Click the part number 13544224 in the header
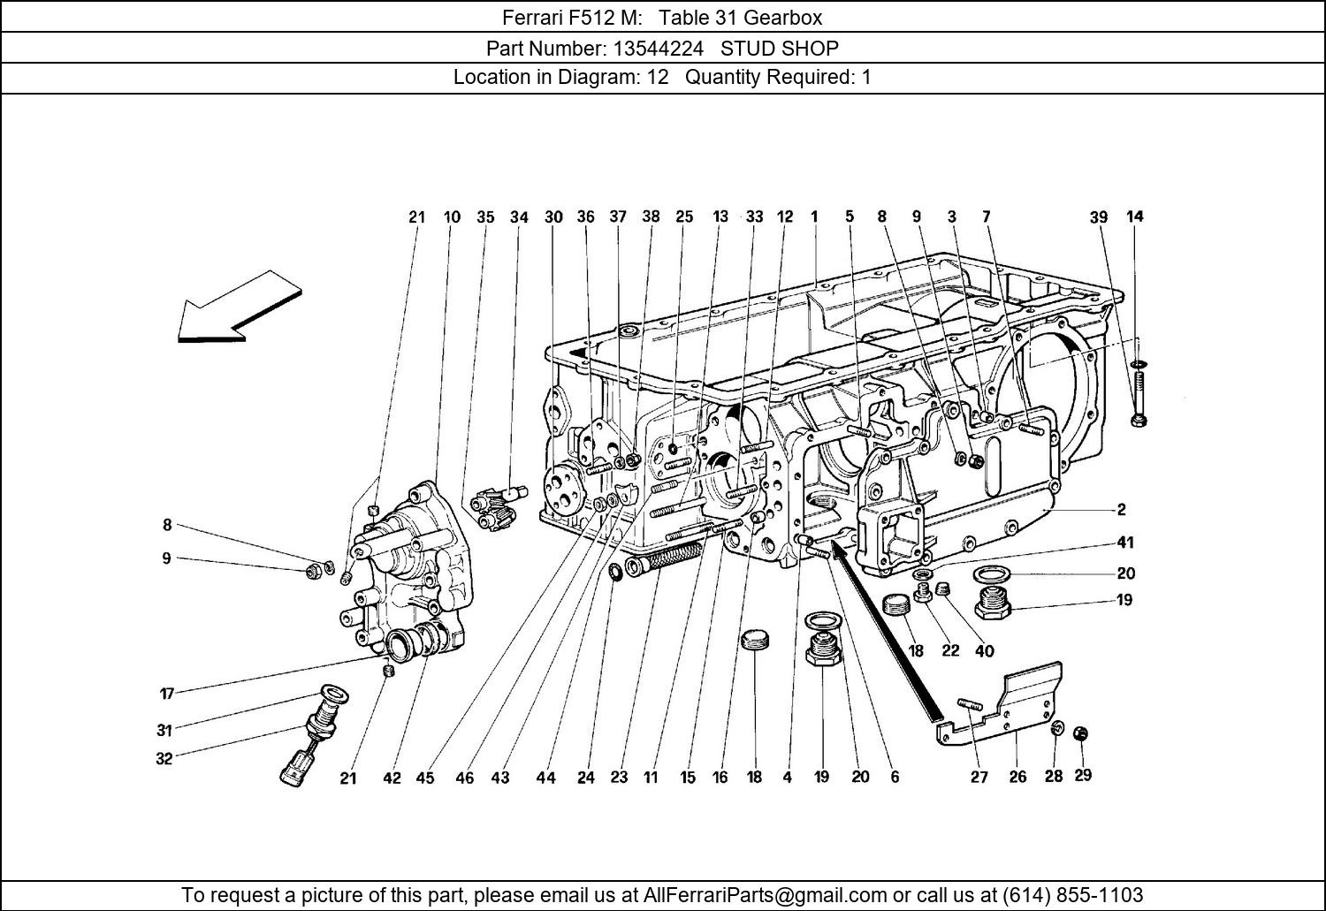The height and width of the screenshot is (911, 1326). click(x=654, y=48)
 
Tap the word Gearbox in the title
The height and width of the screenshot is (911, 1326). click(x=783, y=17)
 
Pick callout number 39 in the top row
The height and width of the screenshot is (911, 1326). click(x=1098, y=216)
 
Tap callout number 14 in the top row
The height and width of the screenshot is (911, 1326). click(x=1134, y=216)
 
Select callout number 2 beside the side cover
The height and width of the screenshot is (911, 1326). click(x=1121, y=509)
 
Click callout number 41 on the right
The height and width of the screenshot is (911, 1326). click(x=1124, y=543)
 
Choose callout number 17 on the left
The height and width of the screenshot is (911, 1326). click(x=167, y=694)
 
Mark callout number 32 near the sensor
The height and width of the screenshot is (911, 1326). click(x=164, y=758)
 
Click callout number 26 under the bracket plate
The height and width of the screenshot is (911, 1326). click(x=1017, y=777)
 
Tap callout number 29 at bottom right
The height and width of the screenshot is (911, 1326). click(x=1083, y=775)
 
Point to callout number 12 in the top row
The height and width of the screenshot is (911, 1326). click(x=785, y=216)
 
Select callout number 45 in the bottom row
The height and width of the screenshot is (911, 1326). click(x=425, y=778)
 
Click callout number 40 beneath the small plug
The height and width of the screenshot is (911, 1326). click(x=984, y=651)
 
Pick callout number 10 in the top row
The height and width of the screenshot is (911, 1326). click(x=452, y=216)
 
